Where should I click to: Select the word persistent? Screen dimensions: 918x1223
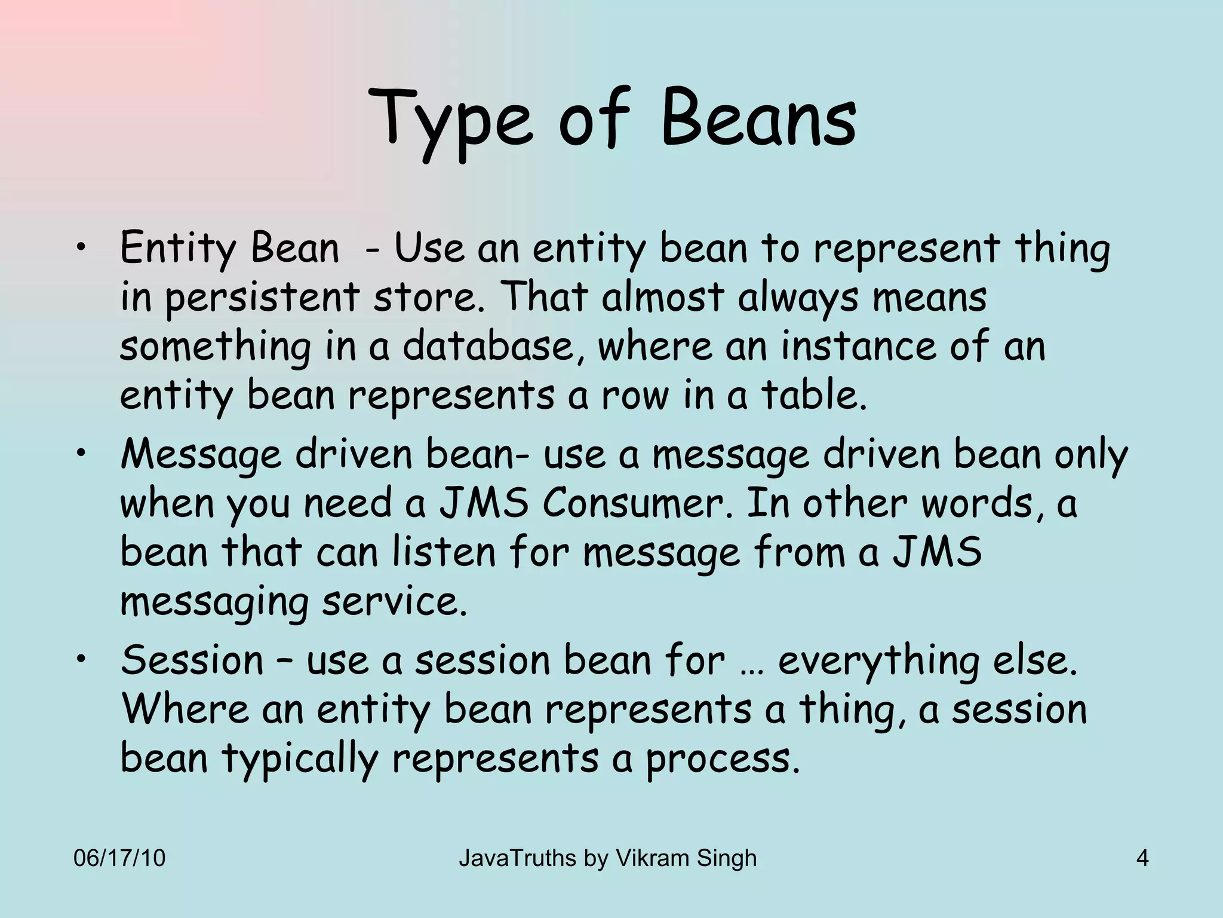(262, 298)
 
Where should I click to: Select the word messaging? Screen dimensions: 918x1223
(214, 602)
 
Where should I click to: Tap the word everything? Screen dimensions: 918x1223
(878, 661)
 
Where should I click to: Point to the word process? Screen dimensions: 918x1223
(722, 760)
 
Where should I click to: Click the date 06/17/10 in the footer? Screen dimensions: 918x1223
(119, 858)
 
